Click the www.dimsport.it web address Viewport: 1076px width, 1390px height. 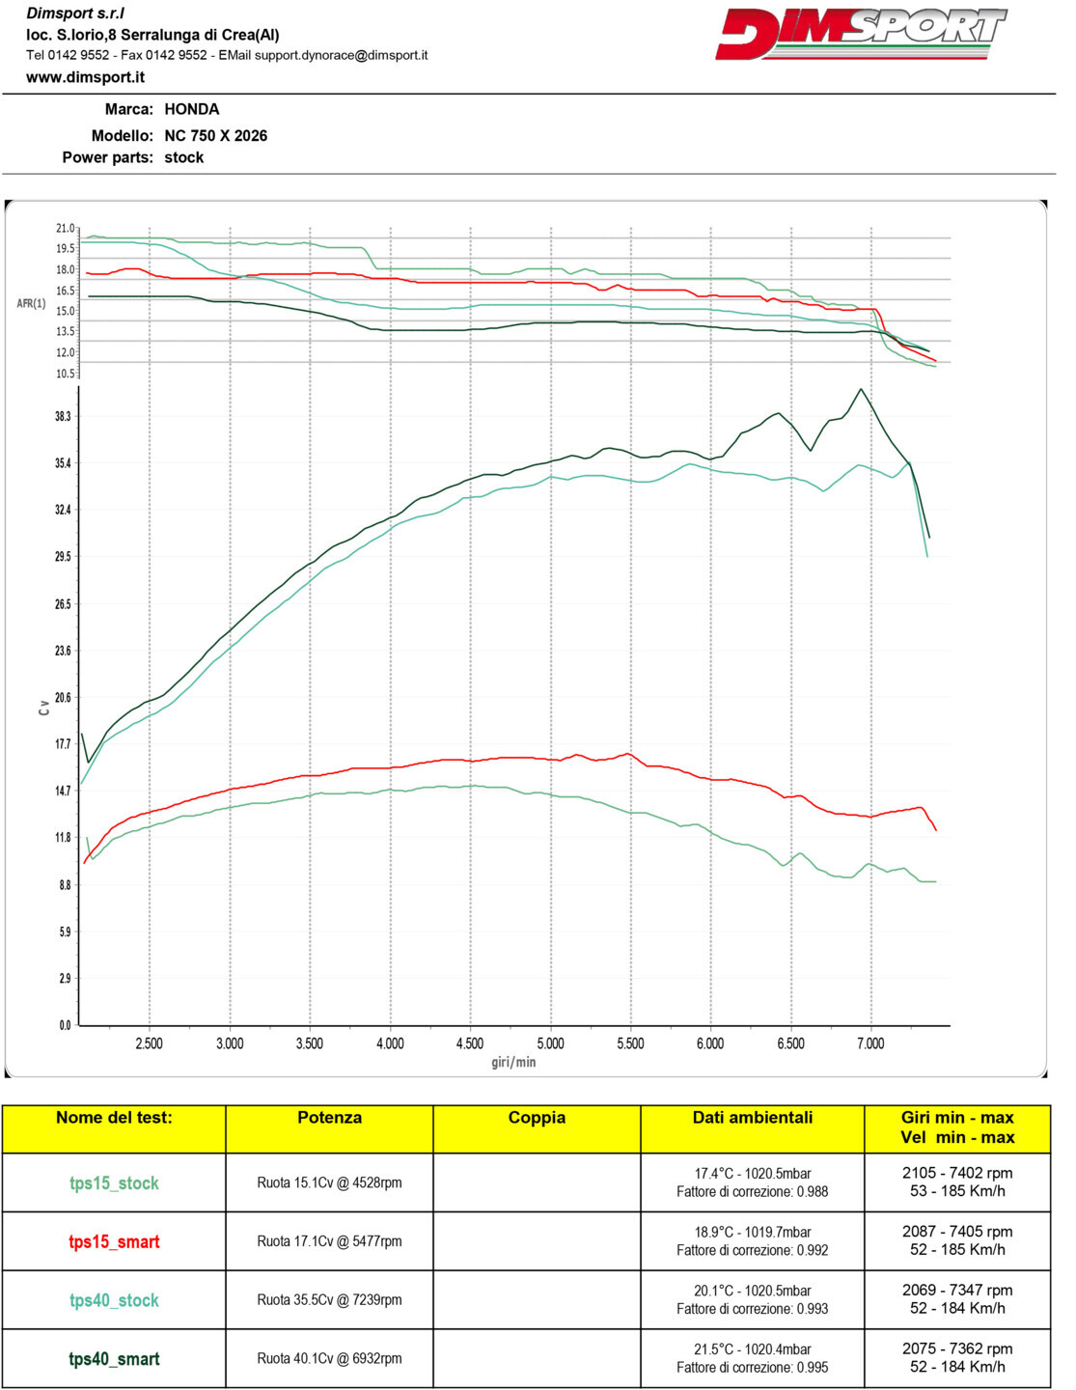pyautogui.click(x=86, y=77)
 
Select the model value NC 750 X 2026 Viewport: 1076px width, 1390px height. pyautogui.click(x=215, y=136)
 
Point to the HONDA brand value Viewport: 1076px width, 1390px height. pyautogui.click(x=191, y=110)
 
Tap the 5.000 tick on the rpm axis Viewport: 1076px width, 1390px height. pyautogui.click(x=550, y=1043)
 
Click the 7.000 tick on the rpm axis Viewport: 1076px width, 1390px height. pyautogui.click(x=870, y=1043)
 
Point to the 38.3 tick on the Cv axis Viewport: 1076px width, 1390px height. pyautogui.click(x=63, y=416)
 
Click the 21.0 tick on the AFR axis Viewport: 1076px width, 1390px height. pyautogui.click(x=65, y=229)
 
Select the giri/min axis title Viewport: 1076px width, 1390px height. pyautogui.click(x=513, y=1062)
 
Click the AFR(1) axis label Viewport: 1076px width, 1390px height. pyautogui.click(x=31, y=304)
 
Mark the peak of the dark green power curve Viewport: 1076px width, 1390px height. pyautogui.click(x=861, y=389)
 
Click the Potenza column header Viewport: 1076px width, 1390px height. pyautogui.click(x=329, y=1118)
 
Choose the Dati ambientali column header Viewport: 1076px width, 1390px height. pyautogui.click(x=752, y=1118)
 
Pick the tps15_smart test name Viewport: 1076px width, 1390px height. pyautogui.click(x=114, y=1241)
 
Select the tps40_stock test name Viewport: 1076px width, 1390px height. pyautogui.click(x=114, y=1300)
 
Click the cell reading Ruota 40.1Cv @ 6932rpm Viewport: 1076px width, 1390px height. pyautogui.click(x=329, y=1358)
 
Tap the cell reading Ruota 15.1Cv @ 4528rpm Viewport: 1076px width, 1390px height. pyautogui.click(x=329, y=1182)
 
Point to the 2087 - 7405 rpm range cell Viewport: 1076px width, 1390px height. pyautogui.click(x=957, y=1240)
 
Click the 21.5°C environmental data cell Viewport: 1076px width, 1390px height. pyautogui.click(x=752, y=1358)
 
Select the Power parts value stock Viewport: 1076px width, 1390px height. pyautogui.click(x=183, y=157)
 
